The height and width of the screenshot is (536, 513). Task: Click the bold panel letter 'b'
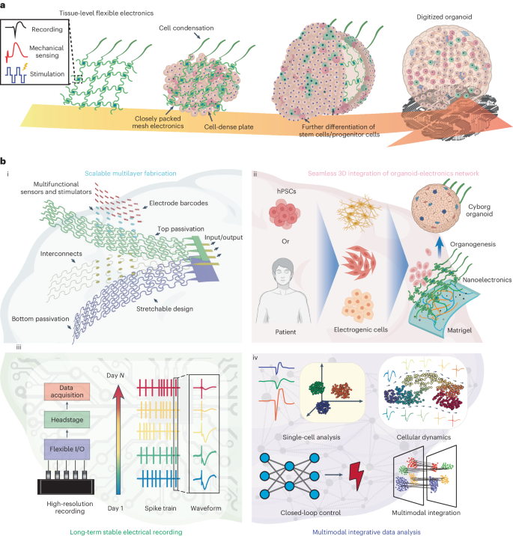click(4, 161)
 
